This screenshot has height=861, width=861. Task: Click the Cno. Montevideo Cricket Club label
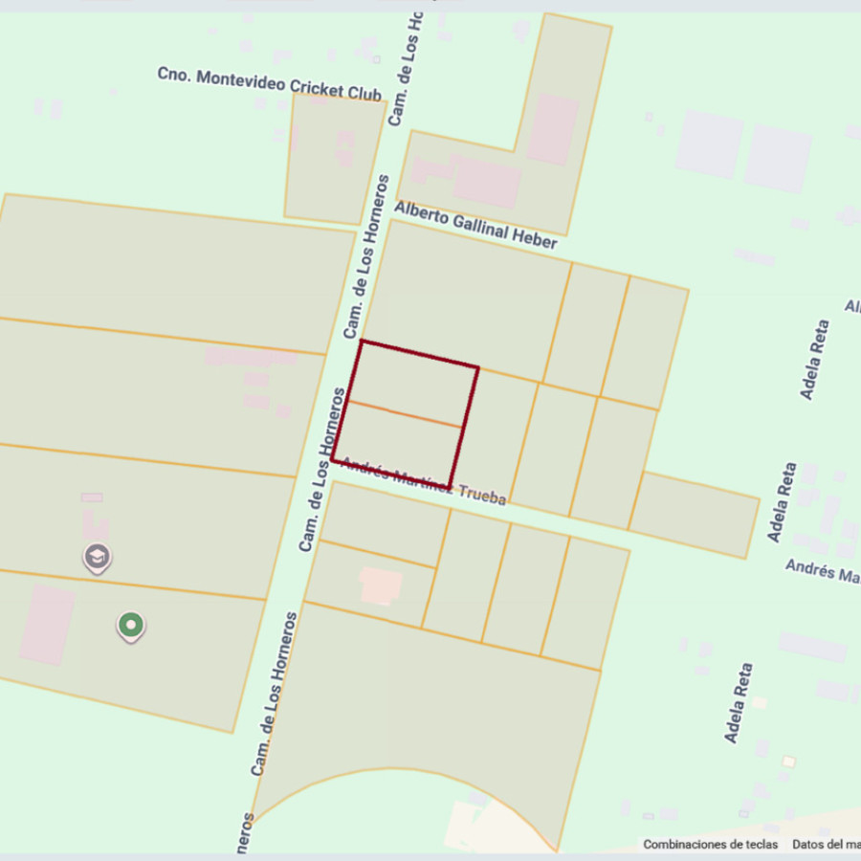click(x=269, y=84)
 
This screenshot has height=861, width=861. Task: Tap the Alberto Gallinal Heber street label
click(x=475, y=226)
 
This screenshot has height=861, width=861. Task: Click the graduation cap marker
click(x=97, y=556)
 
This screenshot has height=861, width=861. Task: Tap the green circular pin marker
click(x=131, y=626)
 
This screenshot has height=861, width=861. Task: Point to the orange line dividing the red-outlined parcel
click(x=406, y=414)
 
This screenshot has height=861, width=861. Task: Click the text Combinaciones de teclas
click(x=710, y=845)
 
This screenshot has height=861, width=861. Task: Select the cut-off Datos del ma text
click(x=826, y=845)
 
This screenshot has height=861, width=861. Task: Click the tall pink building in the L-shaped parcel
click(x=552, y=129)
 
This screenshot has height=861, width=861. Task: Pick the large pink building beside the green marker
click(x=47, y=625)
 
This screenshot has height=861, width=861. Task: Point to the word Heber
click(x=535, y=240)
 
